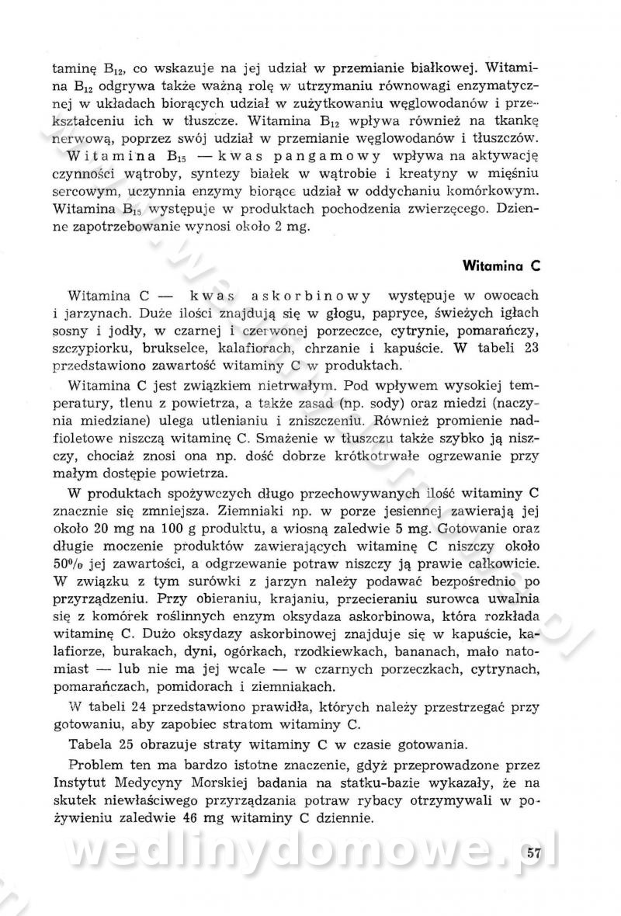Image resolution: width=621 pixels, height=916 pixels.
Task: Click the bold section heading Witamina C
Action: coord(501,264)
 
